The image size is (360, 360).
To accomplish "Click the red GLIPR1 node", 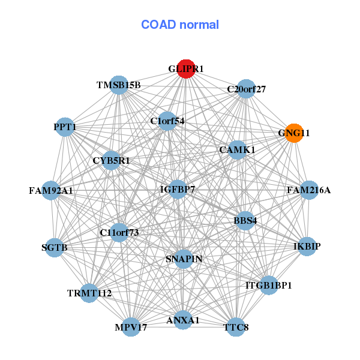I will (186, 69).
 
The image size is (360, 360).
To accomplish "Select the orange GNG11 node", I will (293, 133).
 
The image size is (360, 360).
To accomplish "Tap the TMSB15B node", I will (119, 85).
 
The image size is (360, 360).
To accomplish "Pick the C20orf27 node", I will (246, 89).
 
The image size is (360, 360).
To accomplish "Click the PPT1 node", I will (64, 127).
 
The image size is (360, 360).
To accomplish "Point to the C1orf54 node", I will (167, 121).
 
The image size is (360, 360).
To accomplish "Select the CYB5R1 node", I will (111, 161).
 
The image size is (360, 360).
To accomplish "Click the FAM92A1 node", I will (51, 191).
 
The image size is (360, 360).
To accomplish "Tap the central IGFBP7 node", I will (178, 190).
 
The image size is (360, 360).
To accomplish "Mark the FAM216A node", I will (308, 190).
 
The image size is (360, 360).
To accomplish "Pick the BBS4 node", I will (245, 220).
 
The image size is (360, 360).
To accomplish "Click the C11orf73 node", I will (119, 232).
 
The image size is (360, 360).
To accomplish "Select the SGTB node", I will (55, 247).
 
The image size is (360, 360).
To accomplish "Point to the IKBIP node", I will (307, 247).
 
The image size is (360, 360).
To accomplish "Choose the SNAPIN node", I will (184, 259).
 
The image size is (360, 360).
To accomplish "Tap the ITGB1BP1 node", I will (268, 285).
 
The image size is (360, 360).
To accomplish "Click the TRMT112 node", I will (89, 293).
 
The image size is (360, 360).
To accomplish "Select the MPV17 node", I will (131, 328).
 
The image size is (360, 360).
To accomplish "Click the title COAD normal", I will (180, 25).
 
